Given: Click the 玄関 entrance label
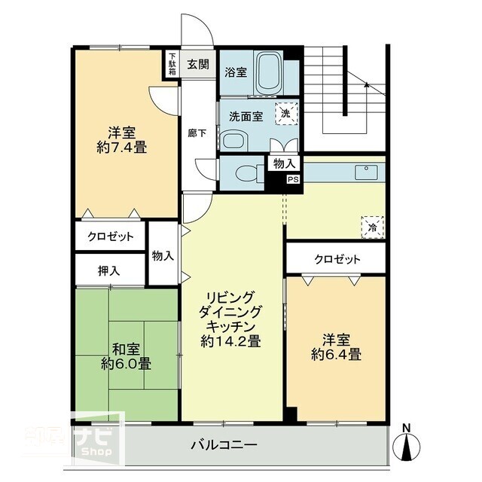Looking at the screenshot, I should (x=198, y=63).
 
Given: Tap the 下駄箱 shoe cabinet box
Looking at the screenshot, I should (x=172, y=63).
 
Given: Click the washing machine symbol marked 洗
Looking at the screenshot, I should (x=285, y=112).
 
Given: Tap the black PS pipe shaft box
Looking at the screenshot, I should (x=293, y=180).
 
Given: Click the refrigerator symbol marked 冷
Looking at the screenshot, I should (x=372, y=225).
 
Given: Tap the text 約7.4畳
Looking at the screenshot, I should (x=121, y=147).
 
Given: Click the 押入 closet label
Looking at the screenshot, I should (x=108, y=269).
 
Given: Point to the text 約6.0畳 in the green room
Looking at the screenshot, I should (x=127, y=363).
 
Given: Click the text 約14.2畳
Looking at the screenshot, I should (x=231, y=340).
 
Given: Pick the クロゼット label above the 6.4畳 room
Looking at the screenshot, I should (x=337, y=260).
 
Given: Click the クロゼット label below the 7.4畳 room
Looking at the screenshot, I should (x=110, y=236).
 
